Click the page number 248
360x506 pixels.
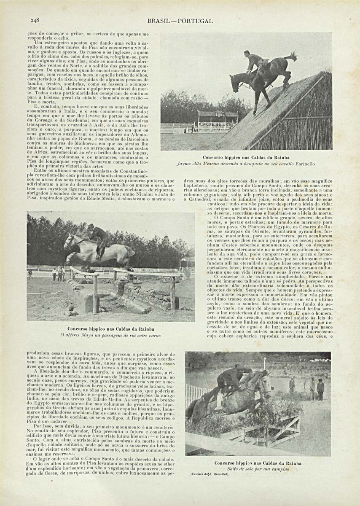point(35,20)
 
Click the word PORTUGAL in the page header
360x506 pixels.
point(196,21)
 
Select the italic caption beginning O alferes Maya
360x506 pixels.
point(111,335)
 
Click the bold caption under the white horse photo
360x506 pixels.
point(111,328)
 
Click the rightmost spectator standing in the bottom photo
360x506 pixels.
point(321,389)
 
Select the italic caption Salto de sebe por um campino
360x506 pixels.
point(258,469)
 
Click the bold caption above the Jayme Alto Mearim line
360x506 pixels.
point(246,157)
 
